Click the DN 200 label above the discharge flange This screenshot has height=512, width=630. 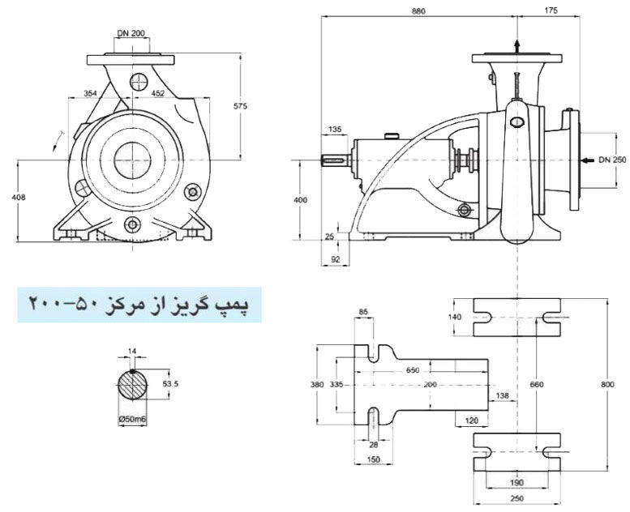pyautogui.click(x=131, y=33)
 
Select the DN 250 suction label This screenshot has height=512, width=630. pyautogui.click(x=612, y=160)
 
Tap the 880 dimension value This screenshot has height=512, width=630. pyautogui.click(x=418, y=11)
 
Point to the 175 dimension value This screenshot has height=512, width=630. pyautogui.click(x=551, y=11)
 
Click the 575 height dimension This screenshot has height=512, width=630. pyautogui.click(x=241, y=106)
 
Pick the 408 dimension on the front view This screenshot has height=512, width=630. pyautogui.click(x=19, y=197)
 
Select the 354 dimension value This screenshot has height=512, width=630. pyautogui.click(x=90, y=93)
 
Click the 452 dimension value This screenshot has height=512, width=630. pyautogui.click(x=158, y=93)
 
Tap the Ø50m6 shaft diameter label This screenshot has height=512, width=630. pyautogui.click(x=132, y=419)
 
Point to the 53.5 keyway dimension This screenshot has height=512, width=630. pyautogui.click(x=170, y=384)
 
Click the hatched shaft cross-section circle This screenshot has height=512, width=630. pyautogui.click(x=132, y=385)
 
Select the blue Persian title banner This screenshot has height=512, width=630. pyautogui.click(x=139, y=305)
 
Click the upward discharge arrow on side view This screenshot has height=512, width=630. pyautogui.click(x=517, y=46)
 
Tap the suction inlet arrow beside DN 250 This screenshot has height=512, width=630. pyautogui.click(x=587, y=160)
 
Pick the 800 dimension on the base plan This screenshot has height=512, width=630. pyautogui.click(x=607, y=385)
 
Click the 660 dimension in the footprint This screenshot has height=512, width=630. pyautogui.click(x=537, y=385)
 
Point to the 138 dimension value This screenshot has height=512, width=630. pyautogui.click(x=502, y=396)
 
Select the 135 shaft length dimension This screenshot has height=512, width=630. pyautogui.click(x=335, y=130)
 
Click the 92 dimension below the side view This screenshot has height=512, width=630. pyautogui.click(x=335, y=260)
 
